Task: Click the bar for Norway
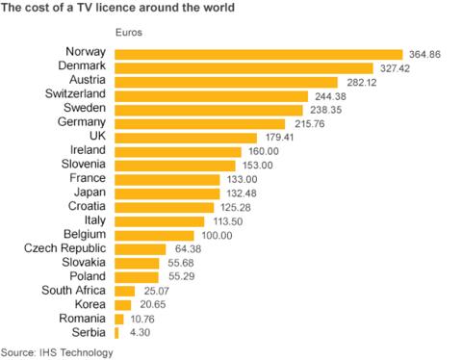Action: point(258,54)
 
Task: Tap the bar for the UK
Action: point(186,138)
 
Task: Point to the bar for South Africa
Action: point(124,291)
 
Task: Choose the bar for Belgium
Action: point(154,235)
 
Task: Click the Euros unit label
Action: point(128,32)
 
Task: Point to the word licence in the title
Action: point(135,9)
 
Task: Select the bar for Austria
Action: point(226,82)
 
